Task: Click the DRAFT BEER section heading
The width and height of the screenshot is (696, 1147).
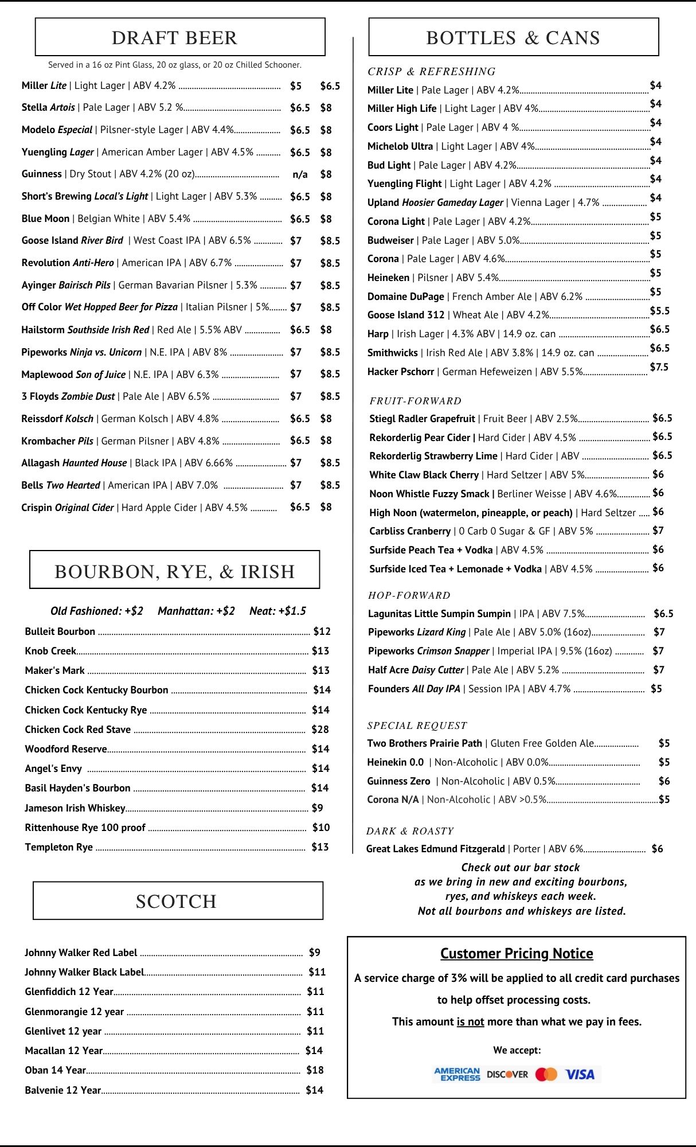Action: [174, 38]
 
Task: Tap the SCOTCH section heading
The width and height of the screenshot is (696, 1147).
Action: [176, 901]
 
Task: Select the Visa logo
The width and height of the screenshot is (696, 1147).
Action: [580, 1074]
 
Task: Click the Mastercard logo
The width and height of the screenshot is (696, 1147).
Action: [546, 1074]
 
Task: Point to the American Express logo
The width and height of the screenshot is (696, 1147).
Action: [457, 1074]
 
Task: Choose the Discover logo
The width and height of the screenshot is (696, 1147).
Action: [507, 1074]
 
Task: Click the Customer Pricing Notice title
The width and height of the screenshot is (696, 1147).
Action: [517, 953]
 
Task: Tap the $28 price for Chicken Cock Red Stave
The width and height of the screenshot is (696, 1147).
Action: [320, 729]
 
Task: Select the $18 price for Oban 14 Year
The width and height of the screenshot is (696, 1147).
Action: [315, 1070]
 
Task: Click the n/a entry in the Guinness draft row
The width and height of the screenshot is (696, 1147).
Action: [300, 174]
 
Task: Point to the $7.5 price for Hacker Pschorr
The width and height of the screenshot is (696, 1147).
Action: [659, 367]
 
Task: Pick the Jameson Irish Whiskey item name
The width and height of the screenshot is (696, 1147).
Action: [75, 808]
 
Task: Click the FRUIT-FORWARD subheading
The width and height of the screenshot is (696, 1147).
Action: [415, 401]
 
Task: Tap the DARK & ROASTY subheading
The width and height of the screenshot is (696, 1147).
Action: [410, 831]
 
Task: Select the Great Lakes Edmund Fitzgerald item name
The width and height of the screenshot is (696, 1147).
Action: [436, 849]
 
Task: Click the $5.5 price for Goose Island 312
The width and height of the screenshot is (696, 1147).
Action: [659, 311]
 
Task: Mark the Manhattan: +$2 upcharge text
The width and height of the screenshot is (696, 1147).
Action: [196, 611]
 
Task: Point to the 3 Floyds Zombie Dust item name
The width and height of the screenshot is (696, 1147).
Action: [68, 396]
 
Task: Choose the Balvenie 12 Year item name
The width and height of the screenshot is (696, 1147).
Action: [62, 1090]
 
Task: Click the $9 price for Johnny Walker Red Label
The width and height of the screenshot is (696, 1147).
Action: [314, 953]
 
